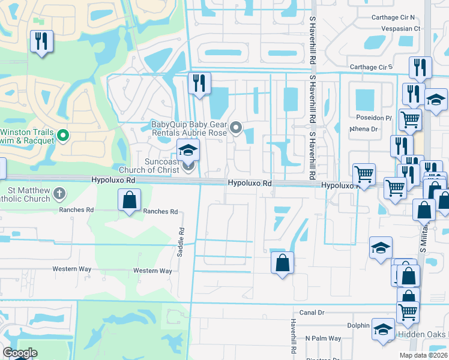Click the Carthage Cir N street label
tap(396, 17)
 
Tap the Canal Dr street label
tap(312, 313)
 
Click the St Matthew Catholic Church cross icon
tap(59, 193)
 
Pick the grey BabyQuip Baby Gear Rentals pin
tap(236, 127)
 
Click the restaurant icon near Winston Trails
tap(41, 41)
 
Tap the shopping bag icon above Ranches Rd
tap(130, 200)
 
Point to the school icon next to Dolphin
tap(382, 329)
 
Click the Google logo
tap(20, 353)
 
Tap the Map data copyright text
tap(423, 355)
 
